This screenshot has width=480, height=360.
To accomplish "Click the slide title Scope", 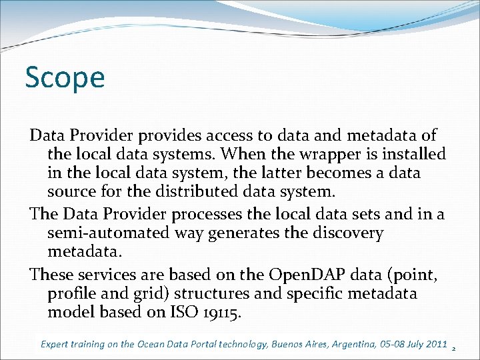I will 65,78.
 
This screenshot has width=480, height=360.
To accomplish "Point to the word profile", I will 73,293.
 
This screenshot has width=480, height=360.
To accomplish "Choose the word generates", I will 239,233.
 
